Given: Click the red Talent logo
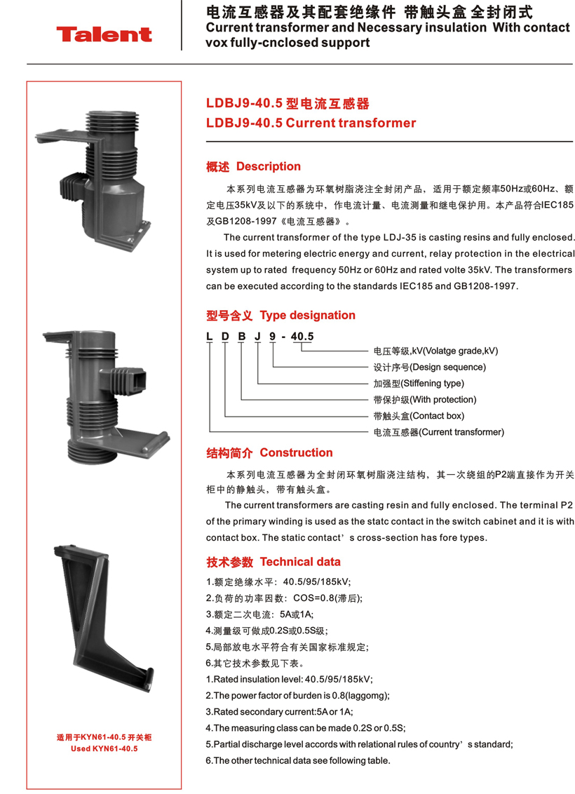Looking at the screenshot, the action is (104, 34).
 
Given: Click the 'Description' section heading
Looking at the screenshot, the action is (269, 167).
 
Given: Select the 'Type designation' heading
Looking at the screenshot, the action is (307, 316).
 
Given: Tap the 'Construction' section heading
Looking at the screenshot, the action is (296, 452).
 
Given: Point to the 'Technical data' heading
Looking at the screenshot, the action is (300, 562).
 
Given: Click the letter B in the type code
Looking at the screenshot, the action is (242, 337).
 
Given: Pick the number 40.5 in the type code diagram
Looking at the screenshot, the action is (302, 337).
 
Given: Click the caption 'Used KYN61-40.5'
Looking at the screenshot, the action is (104, 748).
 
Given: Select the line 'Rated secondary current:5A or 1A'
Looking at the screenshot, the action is (279, 712).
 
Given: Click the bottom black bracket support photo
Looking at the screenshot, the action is (104, 618).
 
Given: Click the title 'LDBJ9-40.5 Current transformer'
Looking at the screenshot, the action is (311, 123).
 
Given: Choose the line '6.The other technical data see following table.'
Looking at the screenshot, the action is (298, 760).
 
